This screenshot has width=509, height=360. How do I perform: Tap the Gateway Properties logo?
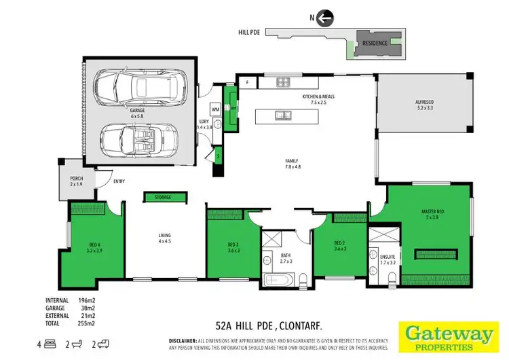click(449, 336)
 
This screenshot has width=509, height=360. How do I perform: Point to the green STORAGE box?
click(162, 197)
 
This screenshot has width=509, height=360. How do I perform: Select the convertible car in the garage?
click(141, 139)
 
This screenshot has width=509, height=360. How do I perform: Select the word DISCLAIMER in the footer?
click(181, 338)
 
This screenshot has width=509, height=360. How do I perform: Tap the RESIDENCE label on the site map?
click(375, 43)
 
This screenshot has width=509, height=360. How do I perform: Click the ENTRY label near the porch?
click(119, 181)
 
